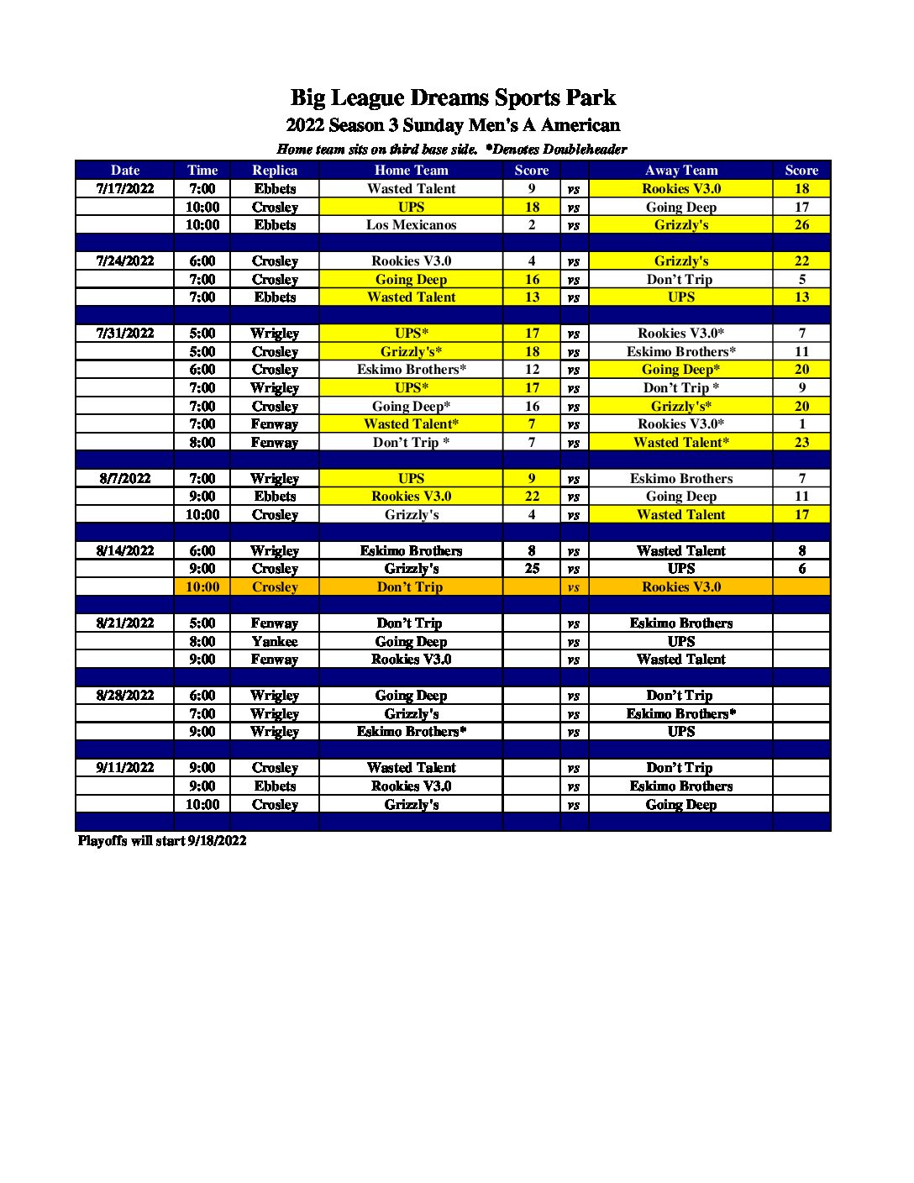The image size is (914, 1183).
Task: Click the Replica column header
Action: pos(275,170)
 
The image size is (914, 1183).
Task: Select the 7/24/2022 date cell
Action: pos(125,260)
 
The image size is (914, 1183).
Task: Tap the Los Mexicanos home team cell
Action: pos(411,224)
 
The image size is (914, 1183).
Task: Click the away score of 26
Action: pos(801,224)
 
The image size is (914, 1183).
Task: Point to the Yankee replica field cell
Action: pos(275,641)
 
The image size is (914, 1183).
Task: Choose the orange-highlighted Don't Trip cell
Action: pos(410,586)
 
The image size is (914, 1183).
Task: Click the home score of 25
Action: pos(532,568)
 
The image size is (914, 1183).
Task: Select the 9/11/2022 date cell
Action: pos(125,767)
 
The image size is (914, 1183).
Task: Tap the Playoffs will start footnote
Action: pos(162,840)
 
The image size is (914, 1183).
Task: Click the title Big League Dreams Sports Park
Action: pos(453,97)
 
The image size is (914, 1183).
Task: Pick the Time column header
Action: pos(202,170)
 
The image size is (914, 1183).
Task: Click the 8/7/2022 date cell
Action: pos(125,478)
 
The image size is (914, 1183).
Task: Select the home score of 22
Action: pos(532,496)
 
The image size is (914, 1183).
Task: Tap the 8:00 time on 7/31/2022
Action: pos(202,442)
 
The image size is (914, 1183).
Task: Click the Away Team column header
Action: pos(680,170)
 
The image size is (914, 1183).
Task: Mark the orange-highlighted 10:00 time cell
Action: pos(202,586)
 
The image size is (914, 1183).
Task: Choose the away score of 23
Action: pos(801,442)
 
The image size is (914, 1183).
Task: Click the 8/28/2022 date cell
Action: pos(125,695)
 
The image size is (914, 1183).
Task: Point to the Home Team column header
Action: pos(411,170)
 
